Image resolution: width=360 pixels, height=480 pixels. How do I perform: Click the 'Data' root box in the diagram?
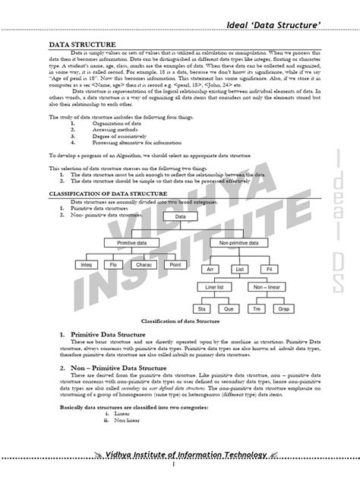pyautogui.click(x=180, y=217)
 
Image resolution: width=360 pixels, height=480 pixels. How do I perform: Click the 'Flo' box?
pyautogui.click(x=113, y=265)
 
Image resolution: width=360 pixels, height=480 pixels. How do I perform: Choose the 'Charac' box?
pyautogui.click(x=144, y=265)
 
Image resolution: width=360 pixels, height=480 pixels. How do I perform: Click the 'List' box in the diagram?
pyautogui.click(x=239, y=269)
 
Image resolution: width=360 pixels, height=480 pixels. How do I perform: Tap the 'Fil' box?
pyautogui.click(x=267, y=269)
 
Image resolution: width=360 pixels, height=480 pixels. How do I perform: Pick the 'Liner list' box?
pyautogui.click(x=214, y=288)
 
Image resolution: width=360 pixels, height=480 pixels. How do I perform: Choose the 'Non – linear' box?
pyautogui.click(x=267, y=288)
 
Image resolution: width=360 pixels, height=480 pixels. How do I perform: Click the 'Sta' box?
pyautogui.click(x=201, y=310)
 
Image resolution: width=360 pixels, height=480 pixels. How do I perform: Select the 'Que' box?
pyautogui.click(x=228, y=310)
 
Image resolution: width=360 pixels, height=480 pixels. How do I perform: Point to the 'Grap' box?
pyautogui.click(x=283, y=310)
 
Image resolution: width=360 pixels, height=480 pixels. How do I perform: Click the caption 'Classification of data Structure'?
pyautogui.click(x=181, y=322)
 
